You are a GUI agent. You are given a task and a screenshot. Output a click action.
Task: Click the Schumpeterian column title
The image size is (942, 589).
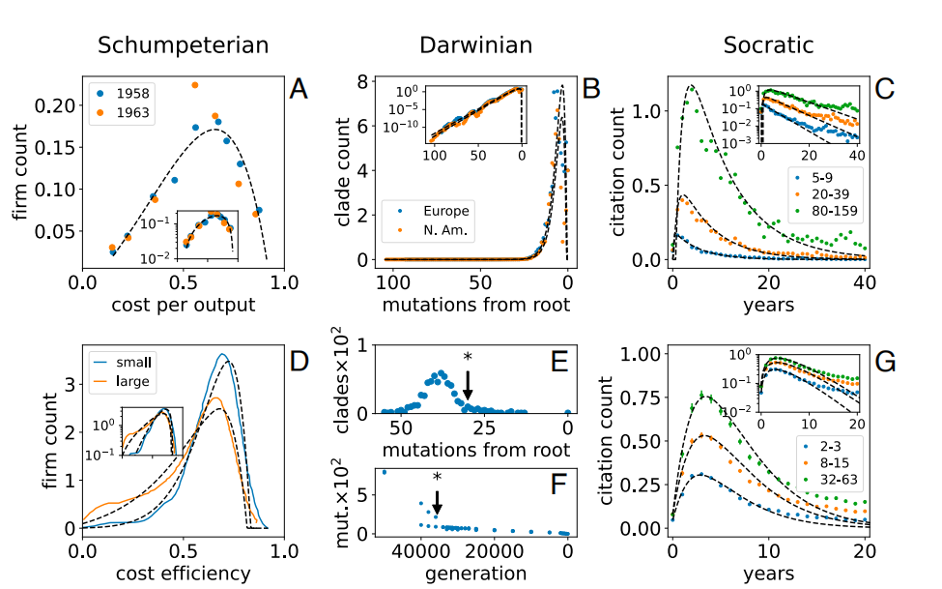183,44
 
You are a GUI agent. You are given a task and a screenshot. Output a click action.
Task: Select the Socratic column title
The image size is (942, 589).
769,44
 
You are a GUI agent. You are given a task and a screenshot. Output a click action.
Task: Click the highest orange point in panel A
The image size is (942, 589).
194,85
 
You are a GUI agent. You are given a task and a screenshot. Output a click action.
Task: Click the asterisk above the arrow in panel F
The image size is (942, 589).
438,478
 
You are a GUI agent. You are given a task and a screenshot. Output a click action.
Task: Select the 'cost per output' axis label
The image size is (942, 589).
182,307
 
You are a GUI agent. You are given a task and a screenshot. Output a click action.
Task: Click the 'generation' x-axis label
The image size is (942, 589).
474,573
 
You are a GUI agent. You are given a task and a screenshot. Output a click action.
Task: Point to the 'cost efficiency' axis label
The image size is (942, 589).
182,573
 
